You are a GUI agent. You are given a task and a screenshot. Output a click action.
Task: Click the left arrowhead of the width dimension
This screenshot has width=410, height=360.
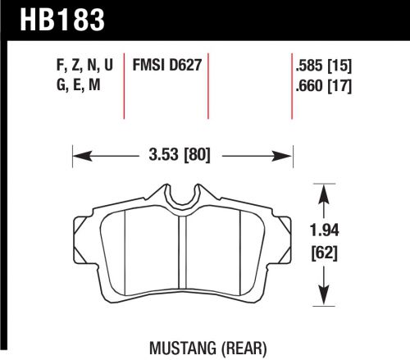point(77,153)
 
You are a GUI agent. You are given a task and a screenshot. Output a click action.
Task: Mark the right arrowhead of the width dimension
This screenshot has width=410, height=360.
point(289,153)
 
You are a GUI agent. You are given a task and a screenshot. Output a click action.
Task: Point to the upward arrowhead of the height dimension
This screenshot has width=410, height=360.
point(326,189)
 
